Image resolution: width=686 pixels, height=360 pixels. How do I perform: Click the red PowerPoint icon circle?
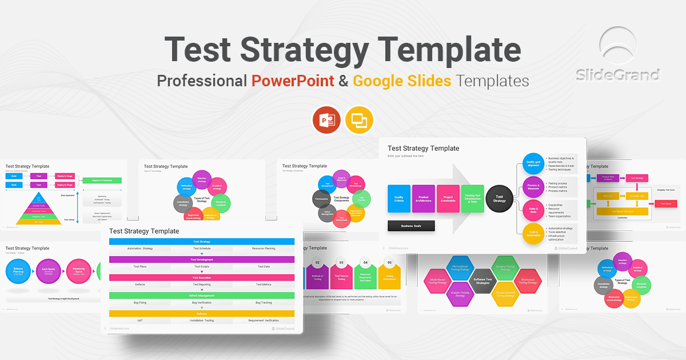326,120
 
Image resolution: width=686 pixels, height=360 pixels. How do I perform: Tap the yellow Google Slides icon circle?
359,120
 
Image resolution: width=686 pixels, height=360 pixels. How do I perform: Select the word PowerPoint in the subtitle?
293,81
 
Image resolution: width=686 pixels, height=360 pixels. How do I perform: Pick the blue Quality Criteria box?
398,199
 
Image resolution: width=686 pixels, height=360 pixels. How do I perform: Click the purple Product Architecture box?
424,199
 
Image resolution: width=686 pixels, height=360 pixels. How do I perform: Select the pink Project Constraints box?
448,199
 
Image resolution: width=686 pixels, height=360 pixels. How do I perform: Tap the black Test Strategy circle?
500,199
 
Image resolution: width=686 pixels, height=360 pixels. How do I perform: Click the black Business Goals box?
411,226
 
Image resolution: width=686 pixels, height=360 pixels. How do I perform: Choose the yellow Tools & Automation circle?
533,234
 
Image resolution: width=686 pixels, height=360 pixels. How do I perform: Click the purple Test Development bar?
202,259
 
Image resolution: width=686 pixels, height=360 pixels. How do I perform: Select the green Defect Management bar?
202,295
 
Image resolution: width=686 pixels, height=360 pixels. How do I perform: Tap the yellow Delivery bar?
202,314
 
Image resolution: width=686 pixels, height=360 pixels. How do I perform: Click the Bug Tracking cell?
263,302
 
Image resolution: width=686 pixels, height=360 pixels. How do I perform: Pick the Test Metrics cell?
263,284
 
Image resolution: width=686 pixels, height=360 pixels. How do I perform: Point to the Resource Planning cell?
263,249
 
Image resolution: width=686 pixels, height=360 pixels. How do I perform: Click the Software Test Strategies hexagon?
481,282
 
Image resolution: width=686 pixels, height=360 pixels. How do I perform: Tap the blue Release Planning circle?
22,271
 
